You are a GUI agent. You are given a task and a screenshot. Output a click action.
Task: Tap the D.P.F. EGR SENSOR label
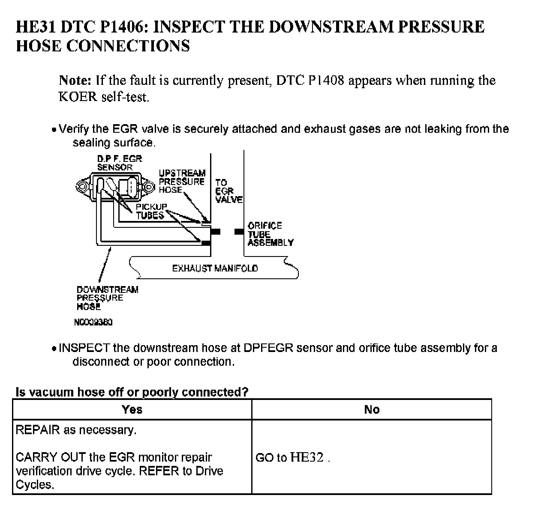(119, 163)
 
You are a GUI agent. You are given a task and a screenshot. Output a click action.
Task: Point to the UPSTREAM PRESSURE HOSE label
(182, 182)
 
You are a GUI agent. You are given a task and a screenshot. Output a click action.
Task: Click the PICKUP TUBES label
(151, 211)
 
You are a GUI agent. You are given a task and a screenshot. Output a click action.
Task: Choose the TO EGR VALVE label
(228, 191)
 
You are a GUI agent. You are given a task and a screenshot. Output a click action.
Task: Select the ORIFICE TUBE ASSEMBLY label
(270, 234)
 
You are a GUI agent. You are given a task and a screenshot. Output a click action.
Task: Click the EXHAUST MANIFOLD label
(215, 268)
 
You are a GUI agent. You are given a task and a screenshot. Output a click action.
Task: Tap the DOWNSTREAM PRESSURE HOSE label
(107, 298)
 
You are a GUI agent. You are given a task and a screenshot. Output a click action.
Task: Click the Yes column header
(132, 409)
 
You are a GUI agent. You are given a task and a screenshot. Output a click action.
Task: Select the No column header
(372, 409)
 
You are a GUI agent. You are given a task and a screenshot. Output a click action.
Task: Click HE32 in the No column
(307, 457)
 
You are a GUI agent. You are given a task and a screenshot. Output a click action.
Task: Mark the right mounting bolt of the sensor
(148, 187)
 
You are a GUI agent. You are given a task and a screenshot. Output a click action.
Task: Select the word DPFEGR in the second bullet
(268, 348)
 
